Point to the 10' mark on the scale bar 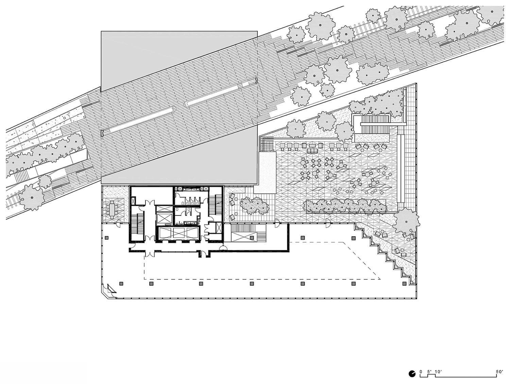(438, 372)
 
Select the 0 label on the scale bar (421, 372)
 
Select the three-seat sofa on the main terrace (311, 150)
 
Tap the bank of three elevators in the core (175, 234)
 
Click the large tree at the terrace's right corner (407, 220)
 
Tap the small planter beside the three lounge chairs (252, 206)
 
